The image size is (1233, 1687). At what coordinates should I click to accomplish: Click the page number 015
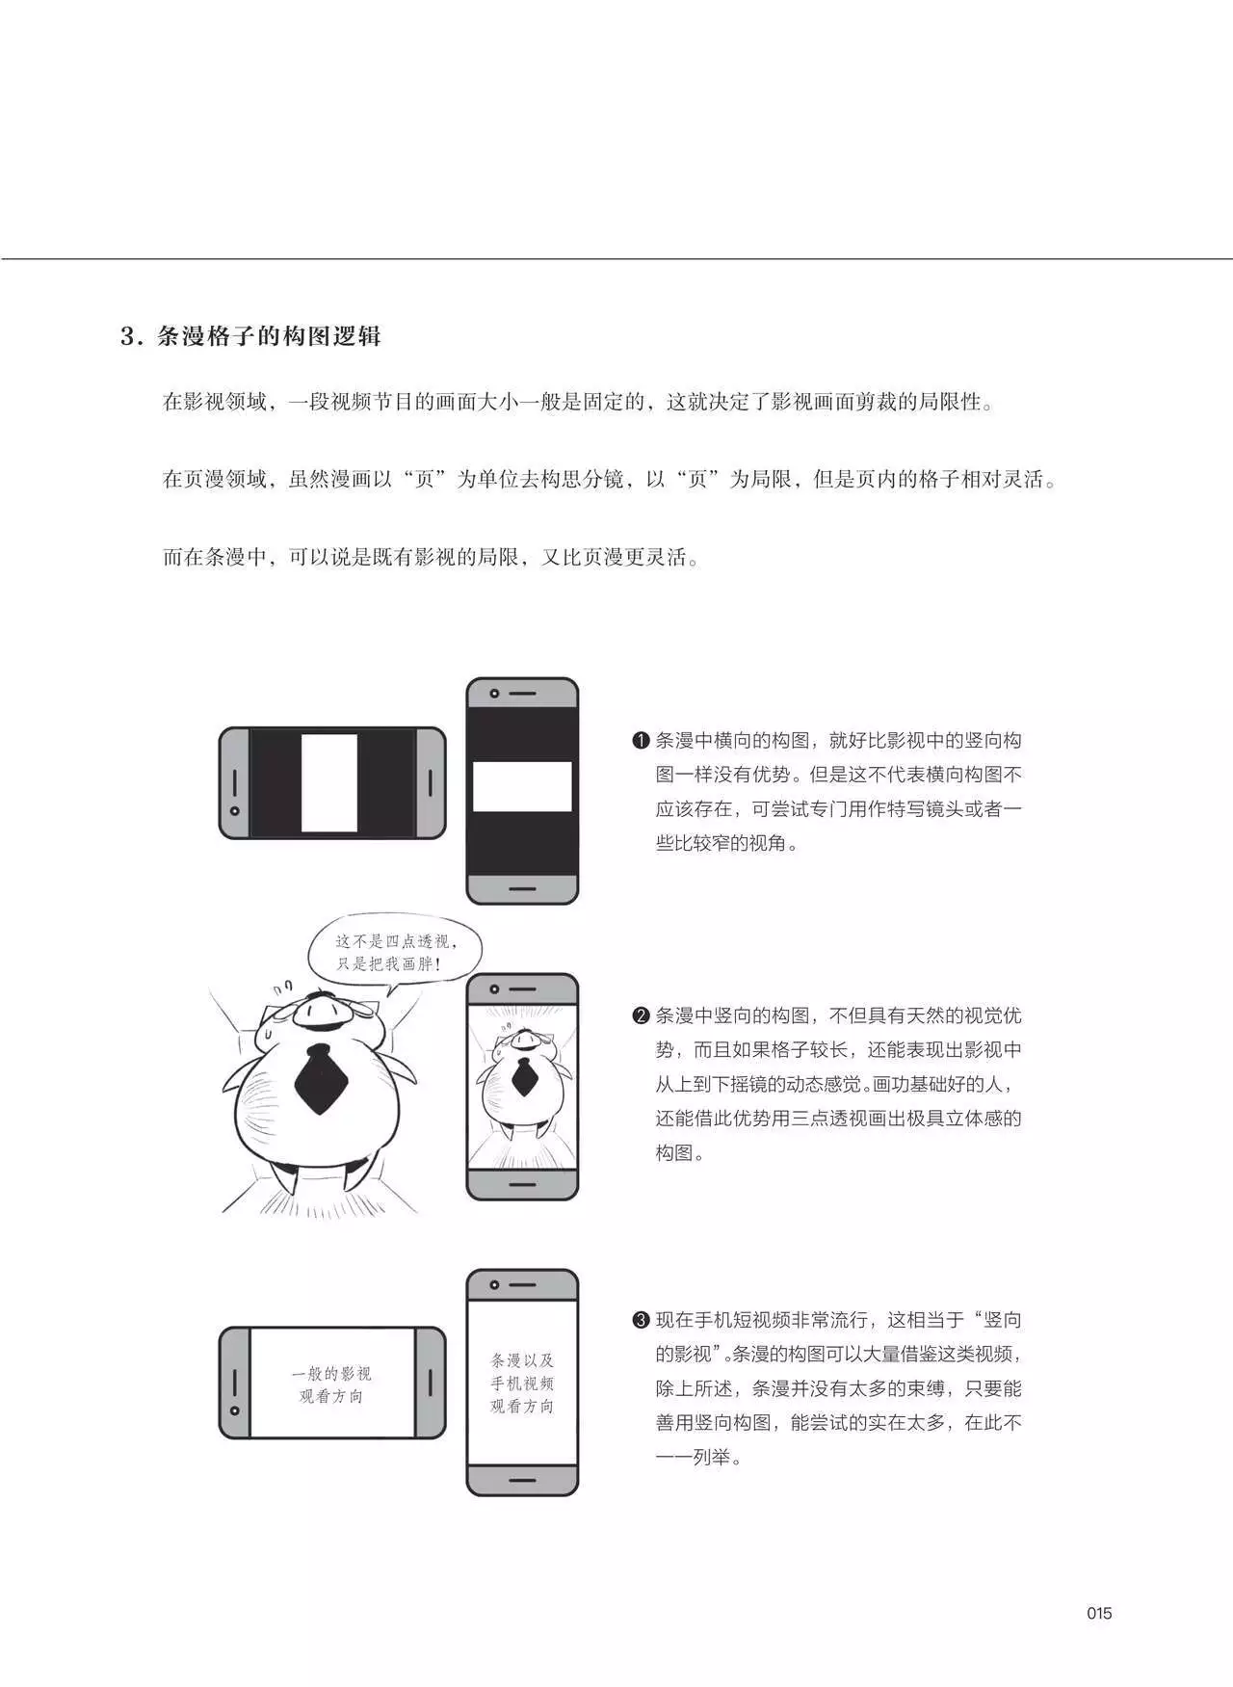pos(1099,1613)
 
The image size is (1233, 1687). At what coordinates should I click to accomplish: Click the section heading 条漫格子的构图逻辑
pos(269,336)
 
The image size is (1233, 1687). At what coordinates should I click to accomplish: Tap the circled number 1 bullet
pos(642,741)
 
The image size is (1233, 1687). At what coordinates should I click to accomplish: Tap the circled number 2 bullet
pos(642,1015)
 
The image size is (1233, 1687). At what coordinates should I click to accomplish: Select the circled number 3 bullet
pos(642,1320)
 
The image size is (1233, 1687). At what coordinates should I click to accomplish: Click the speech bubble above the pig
pos(396,953)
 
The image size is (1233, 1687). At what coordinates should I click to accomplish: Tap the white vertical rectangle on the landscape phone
pos(329,782)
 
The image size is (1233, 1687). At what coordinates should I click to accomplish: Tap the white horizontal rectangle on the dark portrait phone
pos(522,786)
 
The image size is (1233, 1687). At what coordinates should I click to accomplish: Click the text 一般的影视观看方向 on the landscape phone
pos(331,1384)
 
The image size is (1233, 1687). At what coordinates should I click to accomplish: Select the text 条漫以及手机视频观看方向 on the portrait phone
pos(522,1384)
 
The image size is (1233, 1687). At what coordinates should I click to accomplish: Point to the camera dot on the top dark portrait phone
pos(494,694)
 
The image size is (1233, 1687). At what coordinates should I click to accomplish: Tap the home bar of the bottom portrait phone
pos(522,1479)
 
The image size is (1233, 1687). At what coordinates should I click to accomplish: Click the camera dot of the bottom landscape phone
pos(234,1410)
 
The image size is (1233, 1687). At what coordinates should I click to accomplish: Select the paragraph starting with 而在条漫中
pos(431,557)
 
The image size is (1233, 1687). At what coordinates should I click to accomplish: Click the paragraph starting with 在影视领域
pos(578,402)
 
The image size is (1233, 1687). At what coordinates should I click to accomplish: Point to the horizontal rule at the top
pos(616,258)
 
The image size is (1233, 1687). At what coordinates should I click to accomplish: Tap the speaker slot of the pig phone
pos(522,989)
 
